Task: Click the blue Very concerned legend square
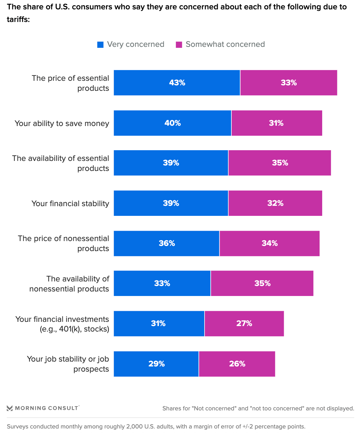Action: point(101,45)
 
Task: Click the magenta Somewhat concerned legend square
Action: point(179,45)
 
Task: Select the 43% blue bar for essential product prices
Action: point(177,83)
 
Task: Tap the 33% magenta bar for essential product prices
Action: point(289,83)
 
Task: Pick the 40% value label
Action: point(173,123)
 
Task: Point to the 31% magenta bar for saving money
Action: point(277,123)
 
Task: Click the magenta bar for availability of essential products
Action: point(280,163)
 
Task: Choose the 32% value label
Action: point(275,203)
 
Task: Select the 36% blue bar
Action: point(166,243)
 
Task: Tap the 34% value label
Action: point(270,243)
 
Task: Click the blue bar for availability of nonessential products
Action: point(162,283)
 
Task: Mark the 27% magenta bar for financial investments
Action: point(244,323)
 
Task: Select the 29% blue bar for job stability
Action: point(156,364)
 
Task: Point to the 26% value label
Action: point(237,364)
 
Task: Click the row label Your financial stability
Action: point(70,204)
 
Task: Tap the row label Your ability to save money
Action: point(62,123)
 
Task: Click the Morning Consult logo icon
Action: point(10,408)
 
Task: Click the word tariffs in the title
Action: point(17,19)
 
